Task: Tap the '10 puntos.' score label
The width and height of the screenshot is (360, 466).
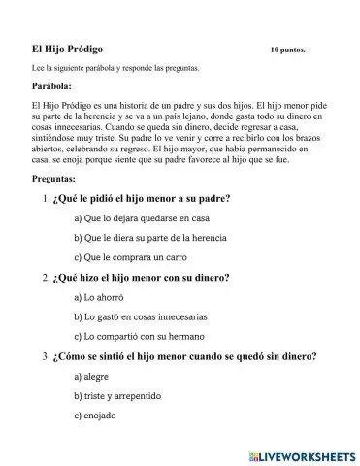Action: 287,49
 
